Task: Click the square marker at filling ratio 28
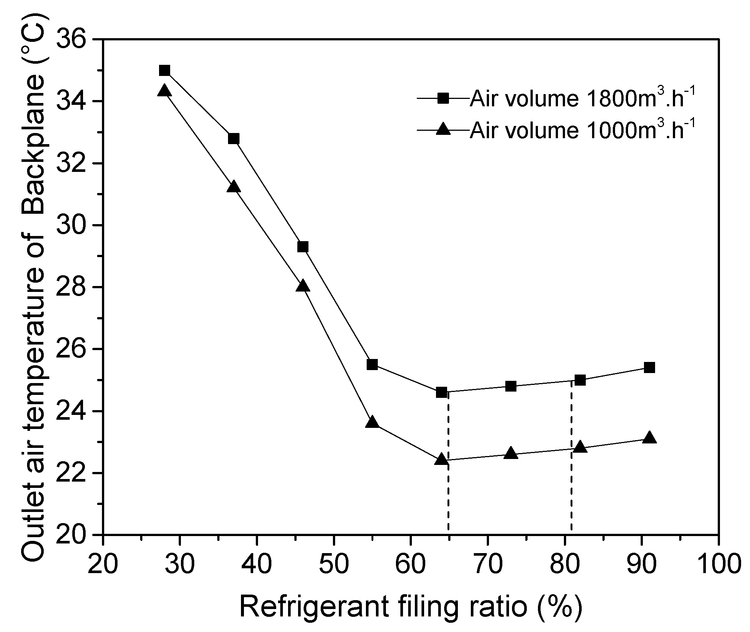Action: pyautogui.click(x=165, y=70)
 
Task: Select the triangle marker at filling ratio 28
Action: pyautogui.click(x=165, y=91)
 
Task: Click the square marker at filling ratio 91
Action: pyautogui.click(x=649, y=367)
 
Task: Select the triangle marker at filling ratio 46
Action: pyautogui.click(x=303, y=286)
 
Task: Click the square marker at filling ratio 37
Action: pyautogui.click(x=234, y=139)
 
